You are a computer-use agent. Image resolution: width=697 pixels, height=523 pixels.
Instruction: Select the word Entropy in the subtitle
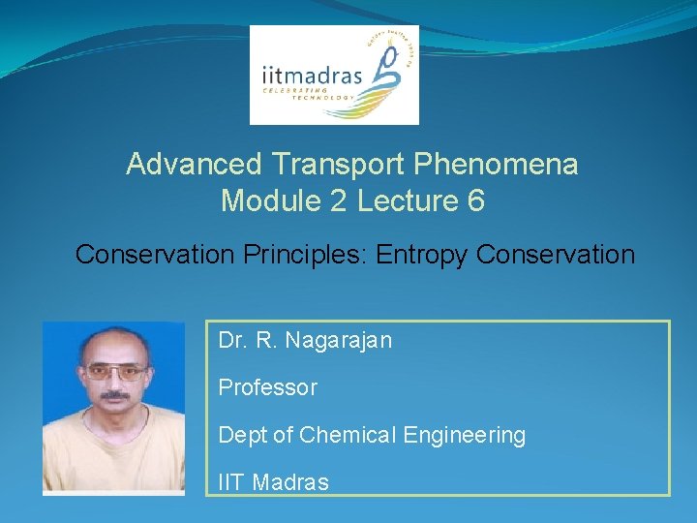point(423,255)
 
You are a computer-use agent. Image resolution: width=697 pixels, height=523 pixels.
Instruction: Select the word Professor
point(268,387)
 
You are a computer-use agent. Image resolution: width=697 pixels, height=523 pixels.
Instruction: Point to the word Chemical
point(345,435)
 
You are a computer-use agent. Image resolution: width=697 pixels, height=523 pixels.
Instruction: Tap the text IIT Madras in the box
point(274,481)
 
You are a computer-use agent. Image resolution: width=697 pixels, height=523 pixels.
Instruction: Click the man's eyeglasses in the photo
point(115,371)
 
